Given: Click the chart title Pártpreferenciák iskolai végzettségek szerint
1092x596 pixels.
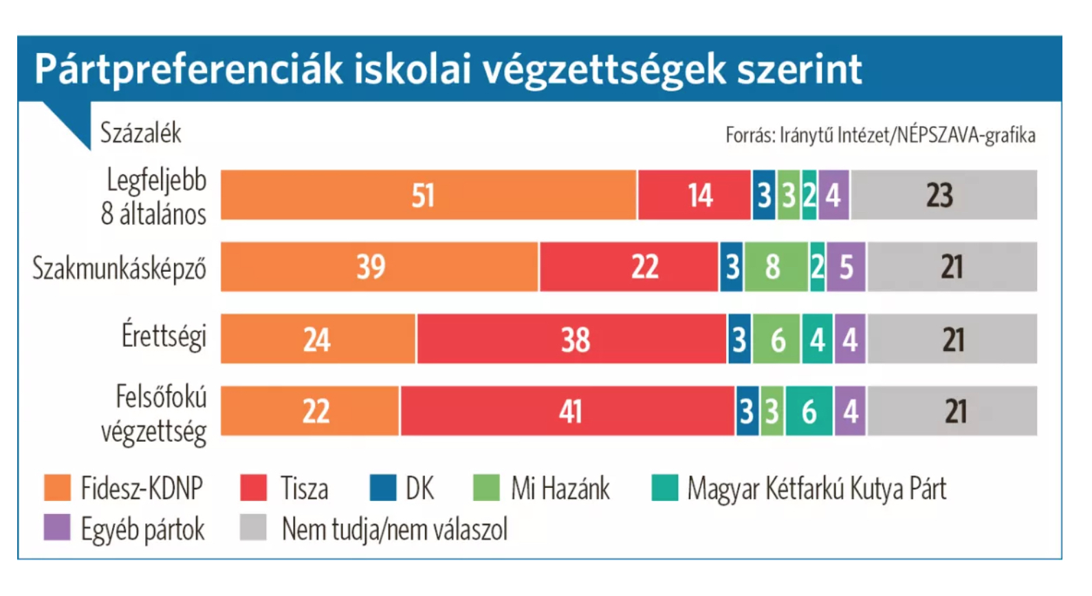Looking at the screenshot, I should click(x=448, y=69).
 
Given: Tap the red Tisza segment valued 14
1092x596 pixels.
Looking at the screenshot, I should click(x=694, y=195).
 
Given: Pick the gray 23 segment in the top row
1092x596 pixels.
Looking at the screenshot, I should click(x=943, y=195).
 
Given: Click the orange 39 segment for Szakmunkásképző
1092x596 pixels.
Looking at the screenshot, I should click(x=379, y=267).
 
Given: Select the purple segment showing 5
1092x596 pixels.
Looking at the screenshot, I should click(x=846, y=267).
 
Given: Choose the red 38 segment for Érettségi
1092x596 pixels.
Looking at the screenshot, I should click(x=571, y=339).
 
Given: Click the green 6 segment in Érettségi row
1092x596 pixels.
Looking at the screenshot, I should click(x=776, y=339).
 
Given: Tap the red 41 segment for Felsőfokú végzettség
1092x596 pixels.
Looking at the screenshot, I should click(x=567, y=412).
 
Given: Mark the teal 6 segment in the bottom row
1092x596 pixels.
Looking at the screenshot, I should click(x=809, y=412).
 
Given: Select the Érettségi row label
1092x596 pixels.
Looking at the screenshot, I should click(x=164, y=336).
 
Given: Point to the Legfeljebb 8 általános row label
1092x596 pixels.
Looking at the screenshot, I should click(x=154, y=197).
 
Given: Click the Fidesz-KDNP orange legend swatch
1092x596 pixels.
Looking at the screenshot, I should click(x=57, y=488).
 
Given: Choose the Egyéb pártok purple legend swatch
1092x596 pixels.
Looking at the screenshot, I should click(x=57, y=528).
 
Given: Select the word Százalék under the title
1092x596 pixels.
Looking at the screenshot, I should click(x=141, y=133).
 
